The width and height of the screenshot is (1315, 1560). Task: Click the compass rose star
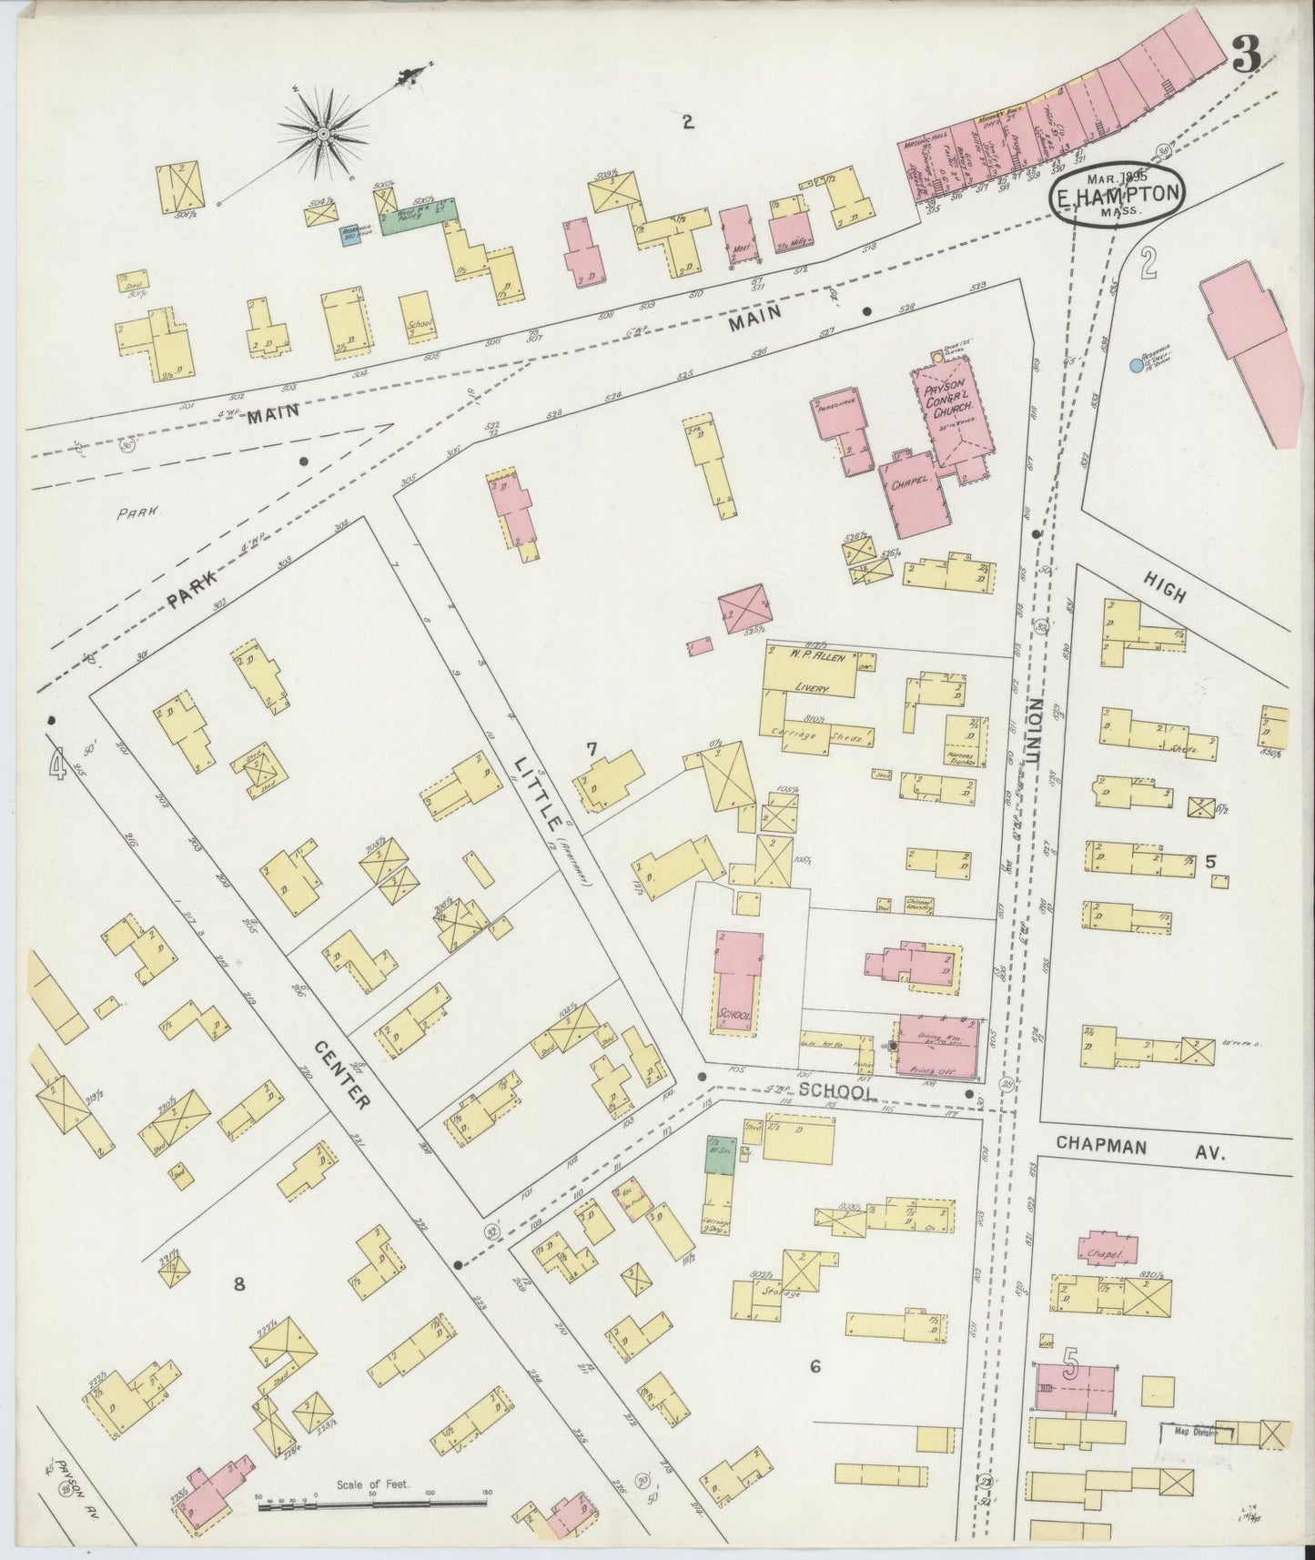coord(323,135)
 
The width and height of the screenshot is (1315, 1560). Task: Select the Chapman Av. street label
coord(1142,1150)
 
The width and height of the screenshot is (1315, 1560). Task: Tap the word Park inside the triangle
coord(137,512)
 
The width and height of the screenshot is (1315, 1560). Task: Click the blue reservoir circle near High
coord(1135,365)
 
